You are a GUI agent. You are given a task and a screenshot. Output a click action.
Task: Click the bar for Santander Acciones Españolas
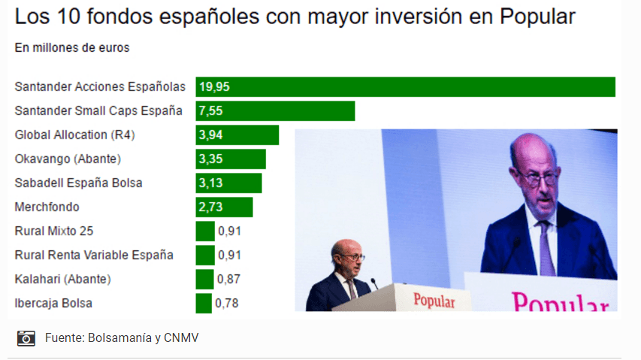[406, 87]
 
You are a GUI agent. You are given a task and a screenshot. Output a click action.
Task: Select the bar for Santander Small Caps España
[275, 111]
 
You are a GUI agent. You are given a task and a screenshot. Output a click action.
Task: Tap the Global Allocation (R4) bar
[237, 135]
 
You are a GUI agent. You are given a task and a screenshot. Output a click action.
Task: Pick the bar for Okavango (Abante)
[231, 159]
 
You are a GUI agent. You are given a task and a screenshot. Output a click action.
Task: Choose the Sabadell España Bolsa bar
[228, 183]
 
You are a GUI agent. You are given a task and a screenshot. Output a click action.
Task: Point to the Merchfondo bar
[224, 207]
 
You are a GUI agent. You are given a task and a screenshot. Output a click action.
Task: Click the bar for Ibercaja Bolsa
[204, 304]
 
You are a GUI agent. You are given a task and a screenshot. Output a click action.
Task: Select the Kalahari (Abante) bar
[204, 280]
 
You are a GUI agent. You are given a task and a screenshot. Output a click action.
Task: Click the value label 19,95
[214, 87]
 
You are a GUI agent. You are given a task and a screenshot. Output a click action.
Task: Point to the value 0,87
[229, 280]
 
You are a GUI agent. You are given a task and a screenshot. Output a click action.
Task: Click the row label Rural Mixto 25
[54, 231]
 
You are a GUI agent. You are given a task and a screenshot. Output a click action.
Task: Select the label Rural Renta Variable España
[94, 256]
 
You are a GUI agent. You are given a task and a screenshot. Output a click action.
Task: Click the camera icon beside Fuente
[26, 337]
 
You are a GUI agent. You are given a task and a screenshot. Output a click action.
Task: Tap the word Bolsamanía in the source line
[113, 337]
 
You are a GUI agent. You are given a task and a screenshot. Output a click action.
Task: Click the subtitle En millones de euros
[71, 47]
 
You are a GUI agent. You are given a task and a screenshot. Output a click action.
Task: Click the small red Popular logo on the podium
[434, 301]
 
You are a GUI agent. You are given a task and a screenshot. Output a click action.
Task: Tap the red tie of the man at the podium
[351, 289]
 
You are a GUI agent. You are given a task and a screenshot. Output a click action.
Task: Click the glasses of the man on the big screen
[538, 177]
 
